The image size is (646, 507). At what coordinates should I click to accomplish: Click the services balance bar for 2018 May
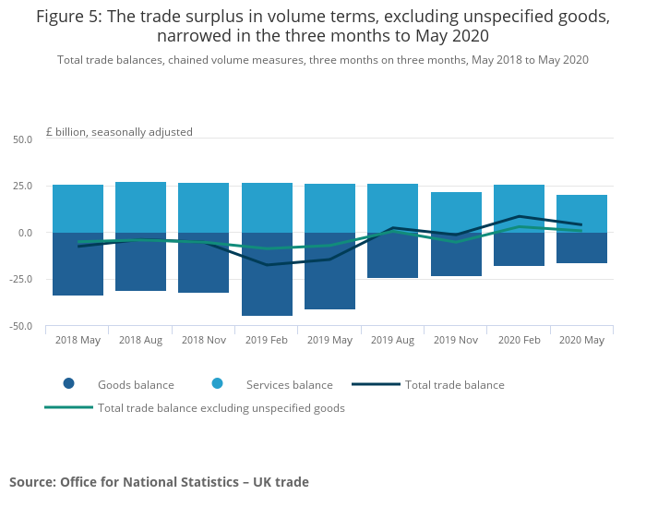(78, 208)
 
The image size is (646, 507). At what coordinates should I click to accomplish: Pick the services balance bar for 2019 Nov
(456, 211)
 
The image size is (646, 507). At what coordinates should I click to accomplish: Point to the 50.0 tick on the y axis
(22, 139)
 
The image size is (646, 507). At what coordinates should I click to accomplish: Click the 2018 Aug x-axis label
(140, 340)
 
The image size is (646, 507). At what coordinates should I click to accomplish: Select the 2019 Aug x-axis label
(392, 340)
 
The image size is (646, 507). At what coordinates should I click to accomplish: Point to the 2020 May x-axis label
(581, 340)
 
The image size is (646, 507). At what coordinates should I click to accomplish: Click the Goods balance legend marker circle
(69, 384)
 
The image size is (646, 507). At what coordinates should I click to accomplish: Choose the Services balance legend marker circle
(218, 384)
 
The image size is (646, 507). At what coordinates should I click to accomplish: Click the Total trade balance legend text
(454, 385)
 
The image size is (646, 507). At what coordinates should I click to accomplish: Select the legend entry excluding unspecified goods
(221, 408)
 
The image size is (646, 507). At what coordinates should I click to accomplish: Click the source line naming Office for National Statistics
(159, 482)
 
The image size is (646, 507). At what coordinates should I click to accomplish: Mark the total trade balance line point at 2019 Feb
(267, 265)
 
